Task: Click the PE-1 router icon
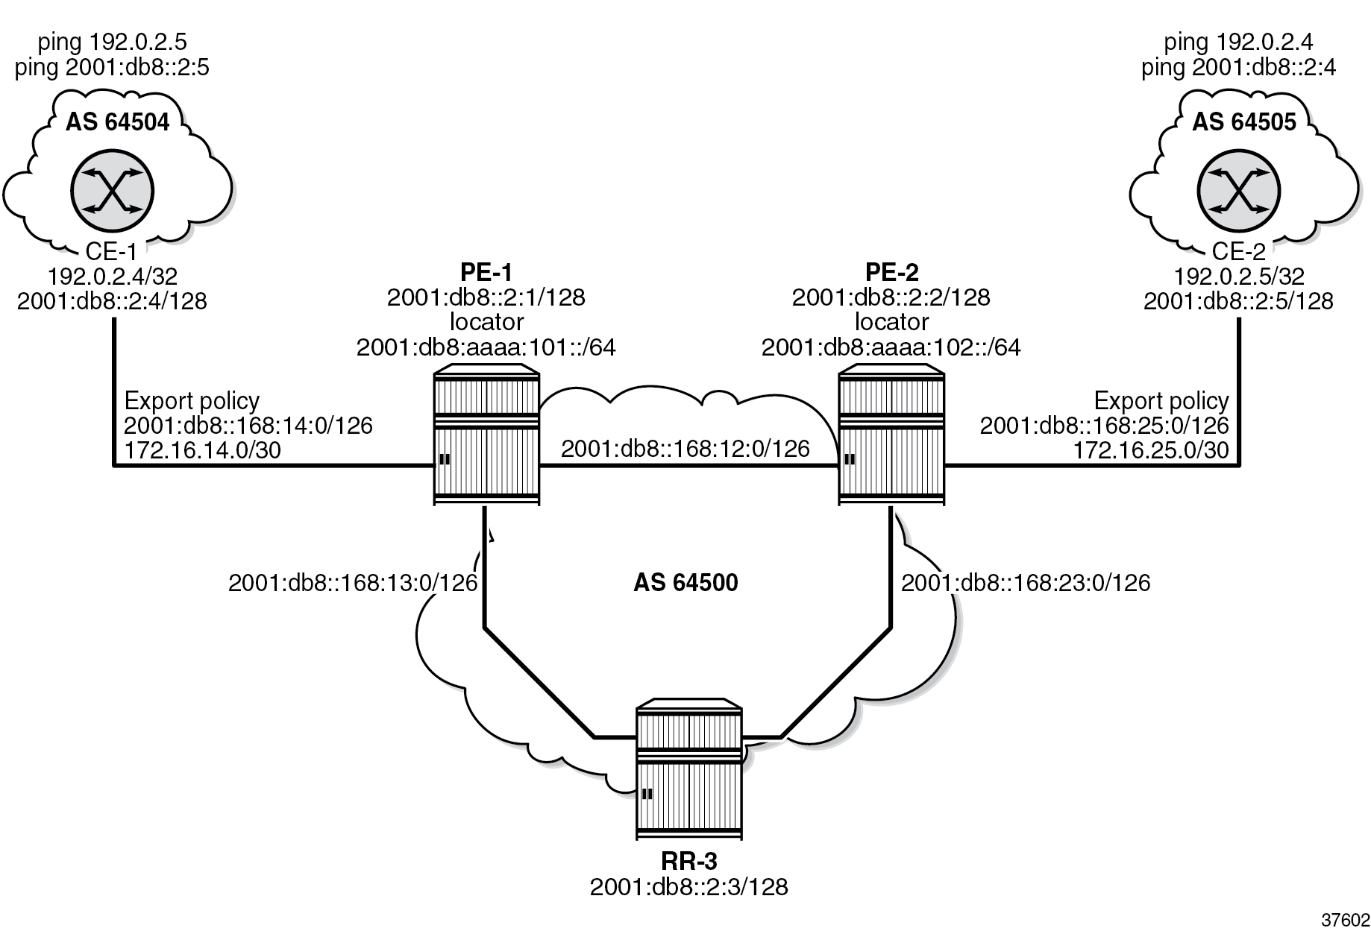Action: (x=486, y=435)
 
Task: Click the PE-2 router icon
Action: (x=891, y=435)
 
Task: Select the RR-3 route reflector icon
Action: (x=689, y=768)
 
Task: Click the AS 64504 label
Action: (x=117, y=121)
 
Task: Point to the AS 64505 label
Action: (x=1243, y=121)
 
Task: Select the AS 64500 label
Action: (x=685, y=582)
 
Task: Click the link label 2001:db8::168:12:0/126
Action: (x=685, y=448)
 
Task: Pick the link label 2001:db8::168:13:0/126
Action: (x=352, y=582)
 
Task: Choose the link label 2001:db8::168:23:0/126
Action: (x=1026, y=582)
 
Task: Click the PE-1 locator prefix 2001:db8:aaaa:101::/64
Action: (x=486, y=347)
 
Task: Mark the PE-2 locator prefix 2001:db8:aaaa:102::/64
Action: (x=891, y=347)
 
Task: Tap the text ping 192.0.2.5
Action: (x=112, y=43)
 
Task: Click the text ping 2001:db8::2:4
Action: (x=1237, y=68)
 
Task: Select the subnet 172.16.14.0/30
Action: (x=202, y=449)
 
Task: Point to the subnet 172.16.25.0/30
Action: (x=1150, y=449)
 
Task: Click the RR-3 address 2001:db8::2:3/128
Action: (x=688, y=887)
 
